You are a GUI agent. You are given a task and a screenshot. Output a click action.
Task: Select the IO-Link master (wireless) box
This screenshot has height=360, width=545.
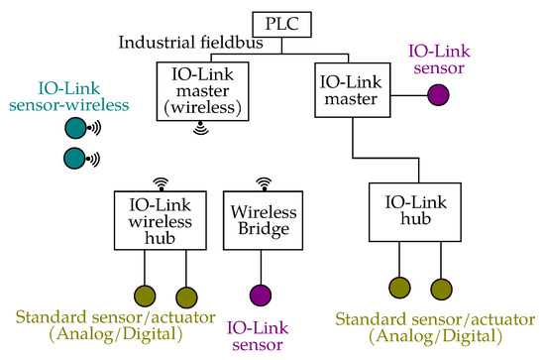point(201,90)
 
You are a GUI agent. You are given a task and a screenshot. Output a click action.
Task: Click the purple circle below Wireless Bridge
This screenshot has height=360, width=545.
point(263,295)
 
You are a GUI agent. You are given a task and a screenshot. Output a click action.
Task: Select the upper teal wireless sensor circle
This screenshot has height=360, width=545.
point(75,128)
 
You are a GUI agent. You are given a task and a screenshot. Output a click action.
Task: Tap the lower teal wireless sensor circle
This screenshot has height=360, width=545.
point(75,158)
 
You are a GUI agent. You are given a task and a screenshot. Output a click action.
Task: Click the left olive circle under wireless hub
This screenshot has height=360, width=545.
point(145,295)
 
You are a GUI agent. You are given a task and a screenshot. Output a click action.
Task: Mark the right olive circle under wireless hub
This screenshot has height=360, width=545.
point(184,295)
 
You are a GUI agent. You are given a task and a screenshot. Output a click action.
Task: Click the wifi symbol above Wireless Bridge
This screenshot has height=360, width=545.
point(263,183)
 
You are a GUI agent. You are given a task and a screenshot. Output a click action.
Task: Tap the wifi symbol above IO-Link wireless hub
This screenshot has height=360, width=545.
point(159,183)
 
